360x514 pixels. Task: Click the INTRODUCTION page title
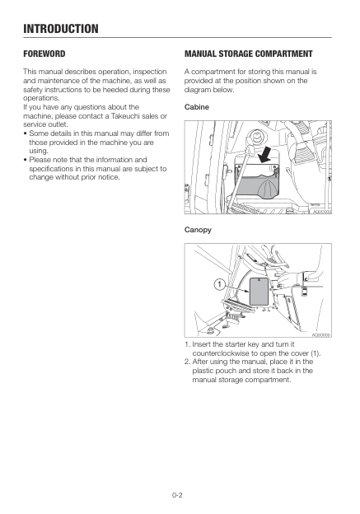click(61, 29)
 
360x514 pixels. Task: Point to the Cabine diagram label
click(197, 108)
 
